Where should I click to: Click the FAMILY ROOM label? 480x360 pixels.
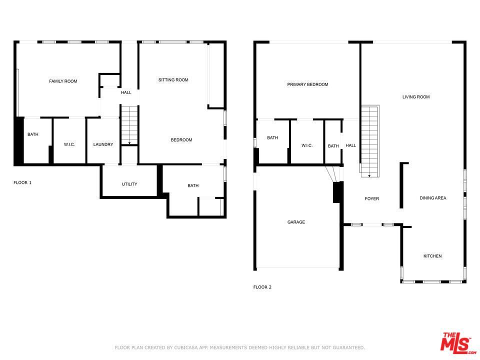click(63, 81)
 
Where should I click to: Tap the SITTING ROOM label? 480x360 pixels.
click(173, 80)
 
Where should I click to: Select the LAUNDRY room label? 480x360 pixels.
click(103, 144)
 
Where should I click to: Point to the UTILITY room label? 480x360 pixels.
click(129, 184)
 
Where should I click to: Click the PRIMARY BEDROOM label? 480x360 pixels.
click(307, 84)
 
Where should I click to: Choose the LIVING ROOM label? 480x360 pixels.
click(415, 97)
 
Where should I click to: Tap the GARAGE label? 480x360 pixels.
click(296, 222)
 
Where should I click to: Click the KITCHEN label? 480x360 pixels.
click(432, 256)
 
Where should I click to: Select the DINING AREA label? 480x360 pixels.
click(432, 198)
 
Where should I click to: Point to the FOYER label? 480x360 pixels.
click(371, 198)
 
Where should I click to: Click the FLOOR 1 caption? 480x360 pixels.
click(22, 182)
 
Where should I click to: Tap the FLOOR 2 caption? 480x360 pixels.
click(262, 287)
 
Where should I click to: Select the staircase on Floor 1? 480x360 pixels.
click(129, 125)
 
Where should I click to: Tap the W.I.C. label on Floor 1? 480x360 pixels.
click(69, 144)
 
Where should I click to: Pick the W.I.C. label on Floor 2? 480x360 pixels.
click(306, 145)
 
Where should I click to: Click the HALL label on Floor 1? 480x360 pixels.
click(126, 92)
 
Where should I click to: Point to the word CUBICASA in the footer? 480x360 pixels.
click(184, 347)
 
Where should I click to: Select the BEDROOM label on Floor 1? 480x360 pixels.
click(181, 140)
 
